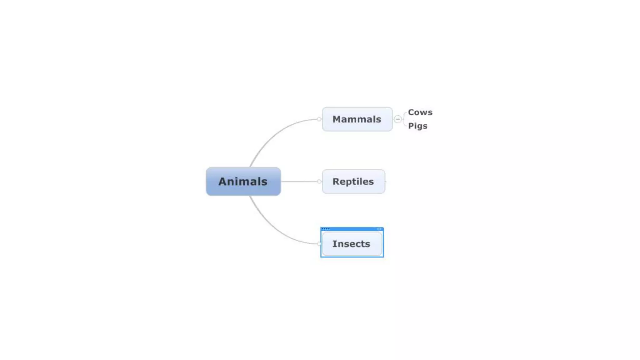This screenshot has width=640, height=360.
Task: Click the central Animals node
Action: [243, 181]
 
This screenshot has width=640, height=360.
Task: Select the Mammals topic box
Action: [357, 119]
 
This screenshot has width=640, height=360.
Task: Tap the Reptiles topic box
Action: [353, 181]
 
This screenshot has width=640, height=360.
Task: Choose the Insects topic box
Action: [351, 244]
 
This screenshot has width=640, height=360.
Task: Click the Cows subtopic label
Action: [420, 112]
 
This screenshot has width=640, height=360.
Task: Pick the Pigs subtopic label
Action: [417, 126]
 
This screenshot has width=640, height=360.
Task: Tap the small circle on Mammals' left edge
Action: [319, 119]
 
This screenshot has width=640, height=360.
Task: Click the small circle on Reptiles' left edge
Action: [319, 181]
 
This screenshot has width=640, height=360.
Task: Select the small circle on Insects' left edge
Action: [319, 244]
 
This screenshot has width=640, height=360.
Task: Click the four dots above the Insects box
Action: [325, 229]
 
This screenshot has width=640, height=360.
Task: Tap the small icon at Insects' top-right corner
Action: [379, 229]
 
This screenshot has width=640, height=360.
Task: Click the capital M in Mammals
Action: [337, 119]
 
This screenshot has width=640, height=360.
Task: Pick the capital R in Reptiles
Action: [336, 181]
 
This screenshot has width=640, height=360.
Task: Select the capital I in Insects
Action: [334, 244]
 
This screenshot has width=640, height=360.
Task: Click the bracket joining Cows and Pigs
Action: [404, 119]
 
